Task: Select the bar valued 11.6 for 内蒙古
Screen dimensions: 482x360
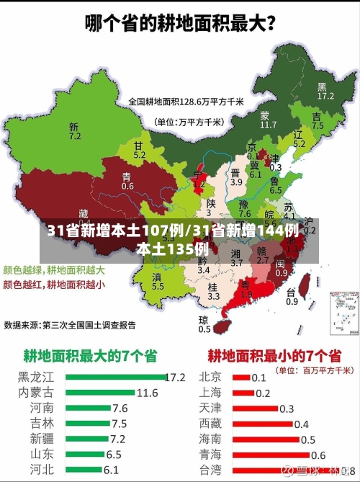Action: (100, 393)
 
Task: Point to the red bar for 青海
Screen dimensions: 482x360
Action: (270, 455)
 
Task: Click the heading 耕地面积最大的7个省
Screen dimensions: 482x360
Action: (91, 335)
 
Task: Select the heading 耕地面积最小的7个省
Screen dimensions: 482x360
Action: (274, 335)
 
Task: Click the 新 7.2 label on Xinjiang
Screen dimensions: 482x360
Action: (74, 130)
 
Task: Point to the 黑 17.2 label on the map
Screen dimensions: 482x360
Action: (325, 90)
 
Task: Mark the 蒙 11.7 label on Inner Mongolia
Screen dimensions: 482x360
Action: (268, 120)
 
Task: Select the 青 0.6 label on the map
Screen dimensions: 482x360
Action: (127, 181)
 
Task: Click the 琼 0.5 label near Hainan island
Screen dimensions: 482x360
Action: (204, 324)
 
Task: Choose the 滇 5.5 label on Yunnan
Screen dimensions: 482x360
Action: (158, 282)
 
